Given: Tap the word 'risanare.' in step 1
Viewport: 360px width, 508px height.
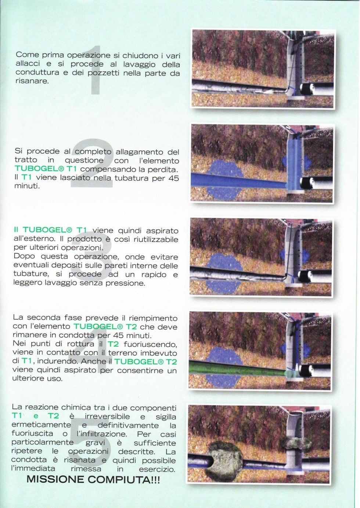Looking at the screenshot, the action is [x=32, y=81].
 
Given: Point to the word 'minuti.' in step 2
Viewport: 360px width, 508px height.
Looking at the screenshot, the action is [x=27, y=186].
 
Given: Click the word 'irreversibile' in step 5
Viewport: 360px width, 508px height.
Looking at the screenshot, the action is [x=107, y=416].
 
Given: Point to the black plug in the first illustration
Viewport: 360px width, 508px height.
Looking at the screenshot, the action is [x=307, y=89].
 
